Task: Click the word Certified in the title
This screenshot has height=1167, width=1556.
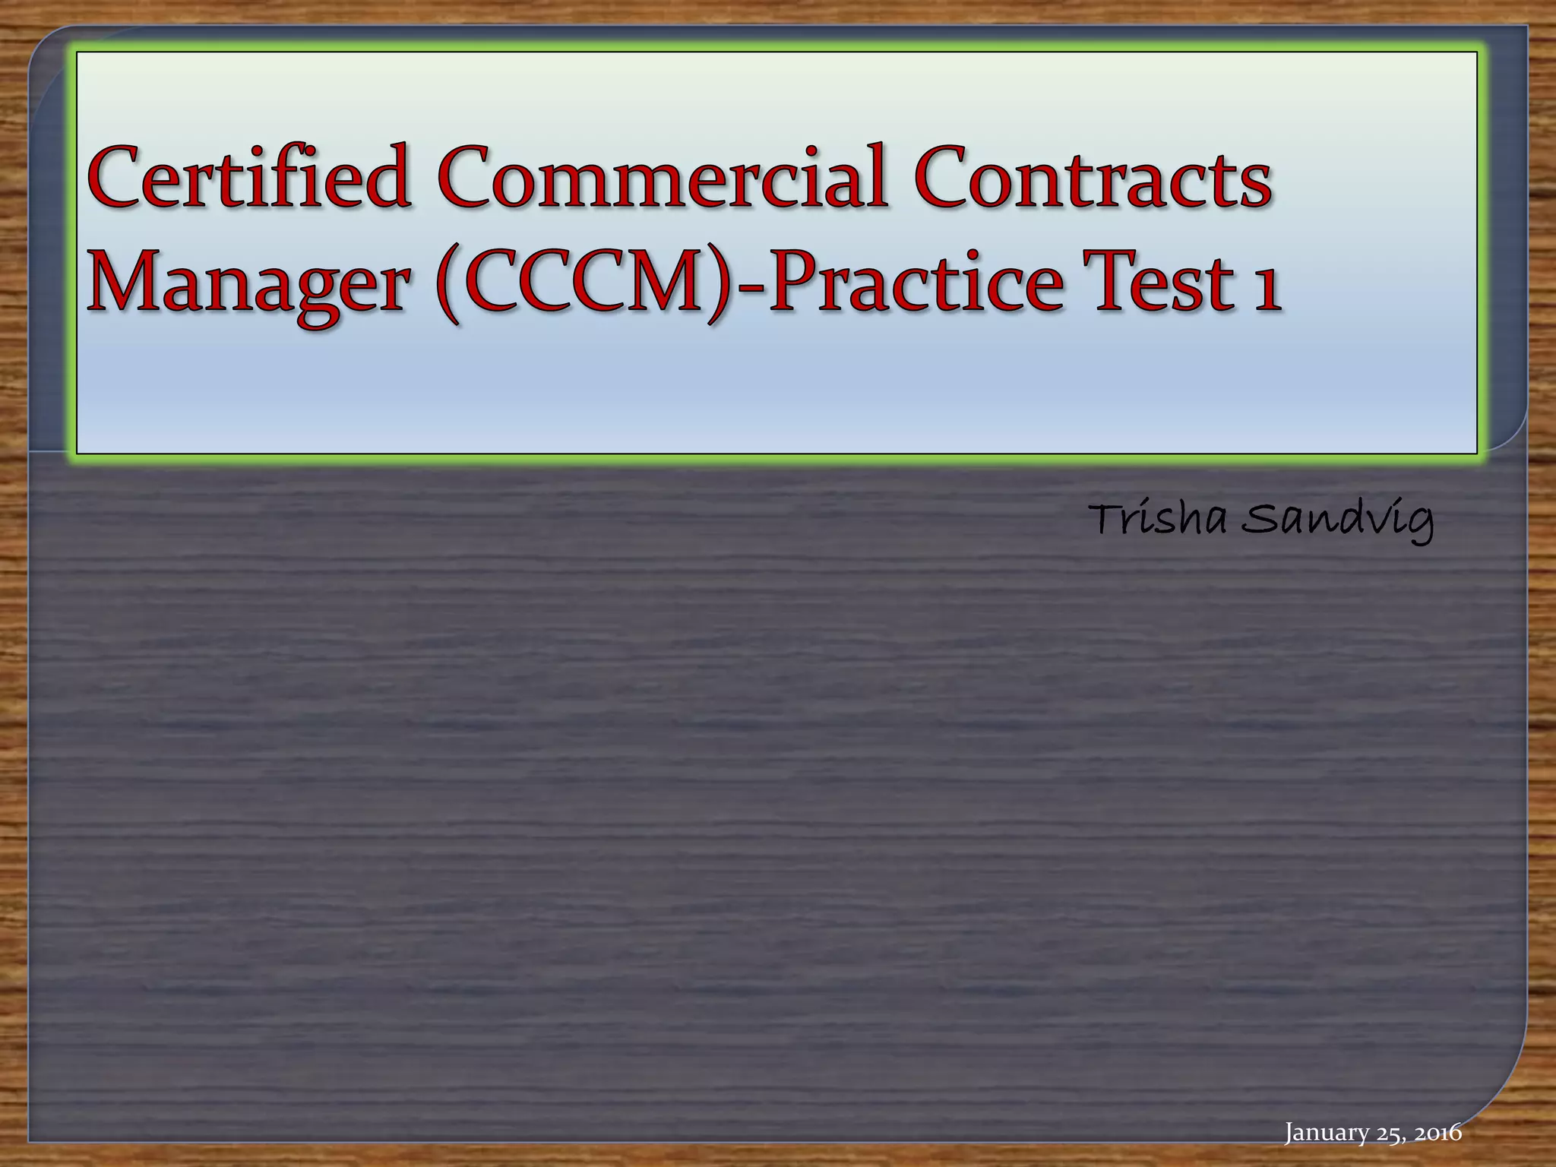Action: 249,177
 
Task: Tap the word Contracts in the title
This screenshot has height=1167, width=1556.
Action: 1093,177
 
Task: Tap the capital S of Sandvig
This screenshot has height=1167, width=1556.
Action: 1257,520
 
